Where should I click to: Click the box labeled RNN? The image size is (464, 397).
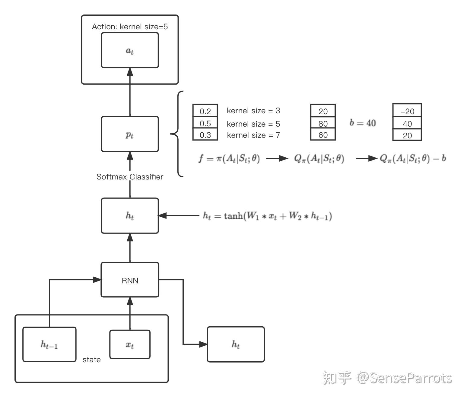130,280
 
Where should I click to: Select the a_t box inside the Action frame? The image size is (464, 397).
130,50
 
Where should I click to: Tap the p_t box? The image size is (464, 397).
130,134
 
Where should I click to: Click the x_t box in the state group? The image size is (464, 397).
130,344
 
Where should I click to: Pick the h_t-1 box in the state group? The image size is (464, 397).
49,344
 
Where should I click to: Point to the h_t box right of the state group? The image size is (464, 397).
236,344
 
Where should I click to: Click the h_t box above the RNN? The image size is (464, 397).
130,216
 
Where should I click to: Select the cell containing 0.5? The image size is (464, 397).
205,124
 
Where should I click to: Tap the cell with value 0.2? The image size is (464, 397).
205,111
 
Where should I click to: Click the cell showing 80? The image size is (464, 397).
323,124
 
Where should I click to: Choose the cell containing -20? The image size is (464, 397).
407,111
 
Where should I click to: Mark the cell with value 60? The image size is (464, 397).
323,135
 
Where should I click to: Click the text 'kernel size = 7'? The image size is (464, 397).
253,135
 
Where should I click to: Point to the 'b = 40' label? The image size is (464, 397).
363,123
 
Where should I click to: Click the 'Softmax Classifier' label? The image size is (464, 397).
130,177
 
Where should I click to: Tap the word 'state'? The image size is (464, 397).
91,360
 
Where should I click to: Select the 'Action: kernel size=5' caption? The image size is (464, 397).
130,27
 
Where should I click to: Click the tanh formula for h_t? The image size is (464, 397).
267,216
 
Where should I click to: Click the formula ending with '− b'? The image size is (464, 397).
413,158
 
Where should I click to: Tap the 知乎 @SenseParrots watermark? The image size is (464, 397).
387,378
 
